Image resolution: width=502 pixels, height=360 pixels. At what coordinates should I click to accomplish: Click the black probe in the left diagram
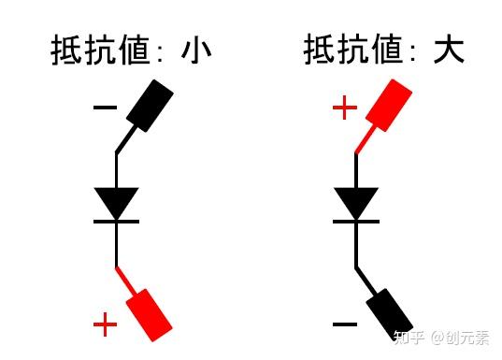(x=151, y=106)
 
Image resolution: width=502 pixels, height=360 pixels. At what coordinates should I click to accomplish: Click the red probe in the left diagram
(x=151, y=311)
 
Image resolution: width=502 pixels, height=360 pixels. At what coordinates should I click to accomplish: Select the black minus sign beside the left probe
(x=105, y=108)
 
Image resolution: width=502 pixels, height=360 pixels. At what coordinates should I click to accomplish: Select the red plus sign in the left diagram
(x=106, y=325)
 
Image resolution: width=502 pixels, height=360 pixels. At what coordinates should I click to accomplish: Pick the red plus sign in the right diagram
(x=345, y=108)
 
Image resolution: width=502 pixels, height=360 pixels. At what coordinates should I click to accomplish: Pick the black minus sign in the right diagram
(x=344, y=325)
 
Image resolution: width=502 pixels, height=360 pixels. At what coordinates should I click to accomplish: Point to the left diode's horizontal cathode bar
(x=116, y=221)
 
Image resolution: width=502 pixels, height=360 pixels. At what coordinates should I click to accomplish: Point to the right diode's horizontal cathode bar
(x=356, y=221)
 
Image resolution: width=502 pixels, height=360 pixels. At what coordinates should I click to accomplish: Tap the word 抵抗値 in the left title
(x=100, y=49)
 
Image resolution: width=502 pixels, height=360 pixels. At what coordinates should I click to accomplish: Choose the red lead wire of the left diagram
(x=125, y=281)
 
